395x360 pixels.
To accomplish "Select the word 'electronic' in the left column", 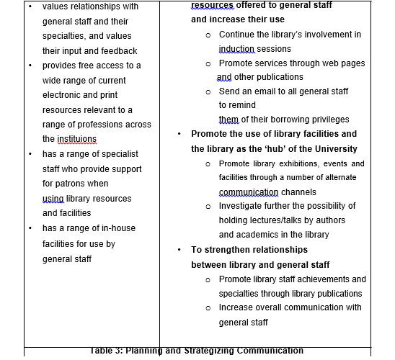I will point(62,94).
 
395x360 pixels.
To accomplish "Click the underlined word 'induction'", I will point(236,49).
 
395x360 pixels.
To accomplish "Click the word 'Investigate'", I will point(244,206).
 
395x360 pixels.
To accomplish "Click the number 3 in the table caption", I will point(118,351).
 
